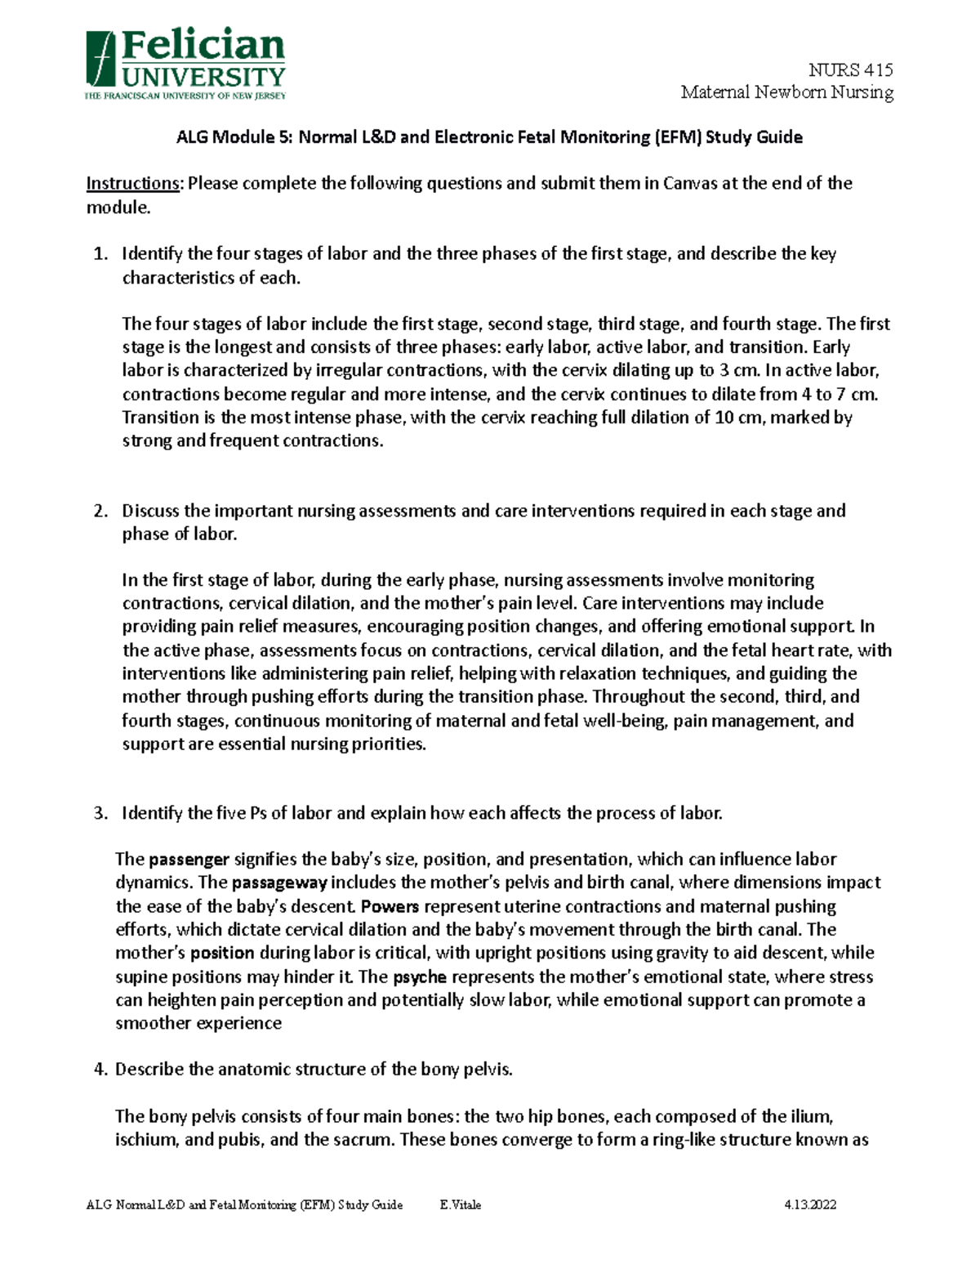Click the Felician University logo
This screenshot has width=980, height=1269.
[185, 65]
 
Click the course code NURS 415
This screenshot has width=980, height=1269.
[850, 70]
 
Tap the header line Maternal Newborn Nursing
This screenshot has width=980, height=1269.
[787, 92]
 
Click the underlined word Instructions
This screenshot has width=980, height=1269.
[132, 183]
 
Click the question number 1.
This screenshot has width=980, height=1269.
[100, 254]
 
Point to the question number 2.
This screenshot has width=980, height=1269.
[100, 512]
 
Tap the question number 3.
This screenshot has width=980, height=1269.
[100, 814]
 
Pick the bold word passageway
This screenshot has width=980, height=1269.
[279, 883]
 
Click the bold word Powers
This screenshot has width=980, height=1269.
[390, 907]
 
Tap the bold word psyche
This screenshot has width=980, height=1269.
[419, 977]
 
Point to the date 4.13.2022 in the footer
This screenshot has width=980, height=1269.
[809, 1205]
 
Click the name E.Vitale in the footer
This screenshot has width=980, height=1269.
[460, 1205]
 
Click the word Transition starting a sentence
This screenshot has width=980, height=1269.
[158, 418]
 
